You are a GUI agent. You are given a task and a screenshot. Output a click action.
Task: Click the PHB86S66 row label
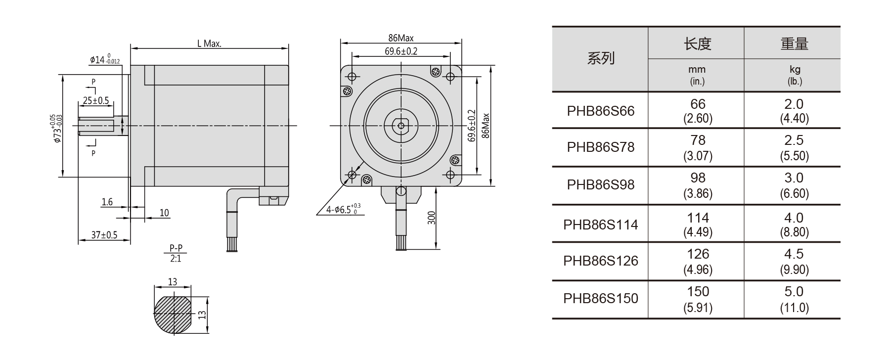click(x=600, y=111)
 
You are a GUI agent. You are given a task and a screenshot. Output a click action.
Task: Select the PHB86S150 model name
click(x=600, y=299)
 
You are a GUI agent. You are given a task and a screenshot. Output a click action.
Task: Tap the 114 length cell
click(x=697, y=224)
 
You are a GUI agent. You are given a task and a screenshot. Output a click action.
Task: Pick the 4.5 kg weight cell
click(x=794, y=261)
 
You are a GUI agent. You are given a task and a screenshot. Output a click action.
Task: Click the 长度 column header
click(x=697, y=44)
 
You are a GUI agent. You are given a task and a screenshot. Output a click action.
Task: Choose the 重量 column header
click(x=794, y=44)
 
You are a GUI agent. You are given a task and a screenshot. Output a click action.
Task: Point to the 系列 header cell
click(x=600, y=59)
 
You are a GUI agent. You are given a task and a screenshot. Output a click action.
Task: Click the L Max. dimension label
click(x=209, y=44)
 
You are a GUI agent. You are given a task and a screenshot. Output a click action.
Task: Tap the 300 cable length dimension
click(x=432, y=218)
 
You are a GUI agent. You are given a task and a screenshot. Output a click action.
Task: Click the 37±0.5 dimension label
click(x=104, y=235)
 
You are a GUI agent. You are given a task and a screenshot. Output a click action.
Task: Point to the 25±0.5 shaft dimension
click(x=95, y=100)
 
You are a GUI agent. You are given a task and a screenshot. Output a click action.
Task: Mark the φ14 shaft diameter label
click(x=104, y=60)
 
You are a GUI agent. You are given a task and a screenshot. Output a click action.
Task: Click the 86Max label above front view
click(x=400, y=38)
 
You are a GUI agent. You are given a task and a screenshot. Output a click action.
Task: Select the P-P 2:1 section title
click(x=175, y=253)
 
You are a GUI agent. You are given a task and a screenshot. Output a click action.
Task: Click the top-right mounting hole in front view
click(x=450, y=77)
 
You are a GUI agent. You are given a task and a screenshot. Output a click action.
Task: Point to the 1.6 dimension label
click(x=107, y=202)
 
